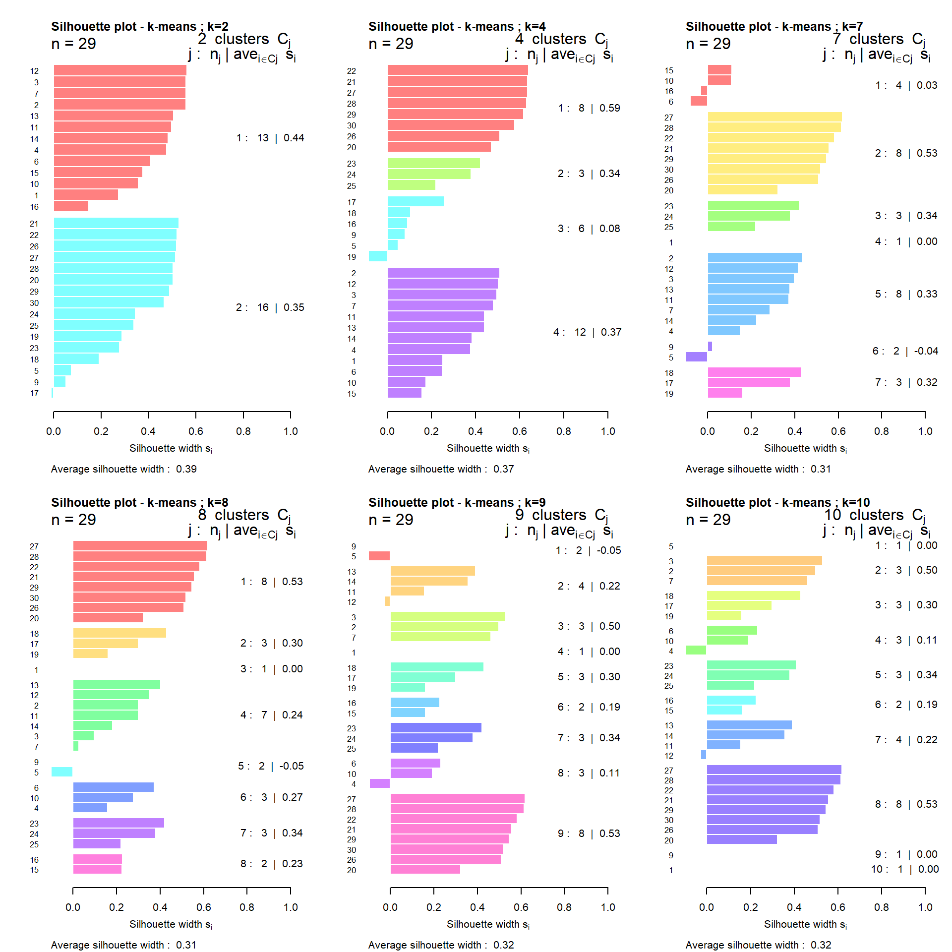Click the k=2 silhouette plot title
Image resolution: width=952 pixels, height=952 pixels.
[x=139, y=26]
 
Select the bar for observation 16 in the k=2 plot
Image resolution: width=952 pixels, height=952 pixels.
[x=71, y=206]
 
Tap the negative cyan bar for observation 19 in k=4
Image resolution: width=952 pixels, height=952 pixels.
[x=377, y=256]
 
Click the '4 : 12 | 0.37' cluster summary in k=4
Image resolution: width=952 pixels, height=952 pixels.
[x=587, y=332]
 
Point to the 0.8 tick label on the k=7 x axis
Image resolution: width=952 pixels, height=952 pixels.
[x=882, y=431]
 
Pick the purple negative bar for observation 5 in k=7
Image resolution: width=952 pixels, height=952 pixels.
[x=696, y=357]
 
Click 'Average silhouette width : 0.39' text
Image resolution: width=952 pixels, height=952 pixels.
[x=123, y=469]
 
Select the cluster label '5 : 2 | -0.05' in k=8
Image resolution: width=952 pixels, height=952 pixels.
[x=270, y=766]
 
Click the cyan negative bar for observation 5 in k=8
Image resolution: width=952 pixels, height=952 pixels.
[x=62, y=772]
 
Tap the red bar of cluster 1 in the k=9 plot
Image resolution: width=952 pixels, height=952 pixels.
[x=379, y=556]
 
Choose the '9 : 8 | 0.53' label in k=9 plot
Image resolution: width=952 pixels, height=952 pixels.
[x=589, y=833]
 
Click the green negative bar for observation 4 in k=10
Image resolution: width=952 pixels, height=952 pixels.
[x=696, y=650]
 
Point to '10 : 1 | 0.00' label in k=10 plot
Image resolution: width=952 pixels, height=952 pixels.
[x=904, y=869]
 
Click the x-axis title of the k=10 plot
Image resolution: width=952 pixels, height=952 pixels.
[x=805, y=924]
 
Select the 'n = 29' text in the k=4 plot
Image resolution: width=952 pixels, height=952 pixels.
[x=391, y=44]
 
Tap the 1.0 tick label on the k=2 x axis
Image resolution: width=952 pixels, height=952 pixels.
[x=291, y=431]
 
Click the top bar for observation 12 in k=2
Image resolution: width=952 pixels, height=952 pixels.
[x=120, y=70]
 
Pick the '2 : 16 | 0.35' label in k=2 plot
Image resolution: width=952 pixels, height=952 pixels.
[x=270, y=307]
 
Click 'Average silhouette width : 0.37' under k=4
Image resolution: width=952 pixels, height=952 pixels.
[x=441, y=469]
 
